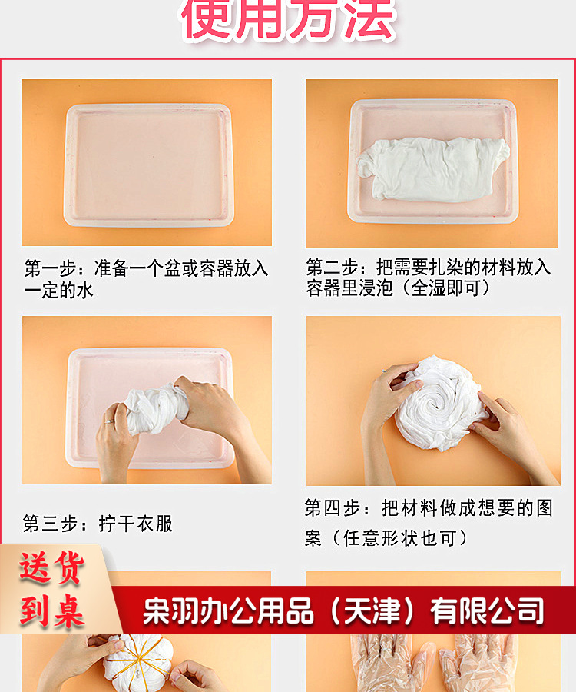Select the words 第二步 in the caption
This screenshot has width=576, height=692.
[x=333, y=268]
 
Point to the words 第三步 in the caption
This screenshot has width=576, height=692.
[x=51, y=524]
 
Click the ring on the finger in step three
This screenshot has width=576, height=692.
[x=111, y=421]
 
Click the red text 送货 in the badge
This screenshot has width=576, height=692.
[x=51, y=569]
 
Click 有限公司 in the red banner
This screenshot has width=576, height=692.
[x=487, y=612]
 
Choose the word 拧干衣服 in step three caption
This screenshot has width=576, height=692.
[x=136, y=524]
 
